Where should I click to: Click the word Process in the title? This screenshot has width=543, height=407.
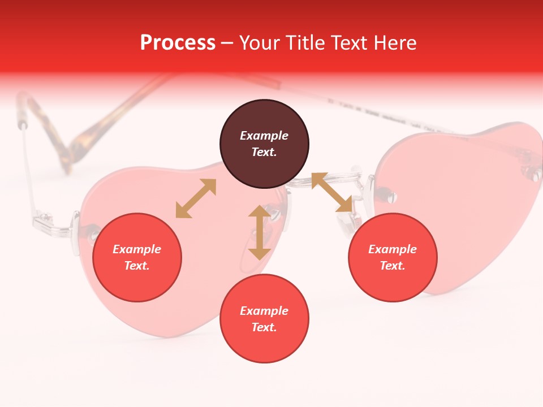[x=178, y=43]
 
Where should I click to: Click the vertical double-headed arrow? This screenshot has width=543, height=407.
[x=260, y=232]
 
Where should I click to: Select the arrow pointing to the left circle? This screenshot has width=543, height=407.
[x=196, y=198]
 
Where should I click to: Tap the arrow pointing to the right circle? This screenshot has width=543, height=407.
[x=331, y=193]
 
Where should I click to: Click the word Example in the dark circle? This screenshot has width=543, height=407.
[x=264, y=136]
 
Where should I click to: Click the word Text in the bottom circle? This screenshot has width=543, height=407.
[x=263, y=327]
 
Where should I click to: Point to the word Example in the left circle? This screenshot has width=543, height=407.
[x=137, y=249]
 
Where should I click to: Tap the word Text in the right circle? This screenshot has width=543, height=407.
[x=391, y=266]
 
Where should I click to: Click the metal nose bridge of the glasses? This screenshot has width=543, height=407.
[x=328, y=180]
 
